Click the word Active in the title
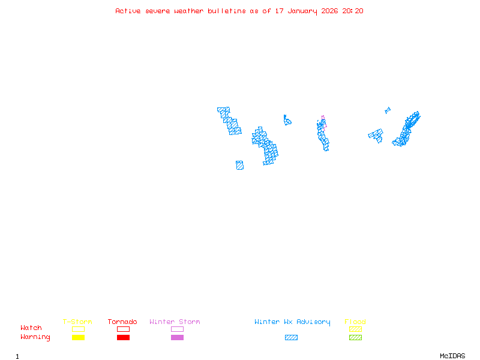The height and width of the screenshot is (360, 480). [x=128, y=11]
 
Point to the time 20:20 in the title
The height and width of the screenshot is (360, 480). [x=353, y=11]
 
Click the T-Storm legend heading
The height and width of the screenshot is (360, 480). [x=77, y=322]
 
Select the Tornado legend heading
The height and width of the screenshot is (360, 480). [x=122, y=322]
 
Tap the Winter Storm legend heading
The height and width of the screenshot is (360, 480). [x=175, y=322]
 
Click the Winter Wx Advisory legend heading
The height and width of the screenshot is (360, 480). [x=292, y=322]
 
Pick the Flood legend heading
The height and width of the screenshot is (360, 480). [x=355, y=322]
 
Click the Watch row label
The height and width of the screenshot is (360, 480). [x=31, y=328]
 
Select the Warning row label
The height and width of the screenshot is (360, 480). [x=35, y=337]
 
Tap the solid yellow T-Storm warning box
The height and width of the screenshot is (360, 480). [x=78, y=338]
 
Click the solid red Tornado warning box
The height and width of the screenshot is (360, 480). [x=123, y=338]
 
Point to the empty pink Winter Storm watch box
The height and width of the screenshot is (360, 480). [x=177, y=329]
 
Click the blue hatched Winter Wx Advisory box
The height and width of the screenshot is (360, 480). [x=291, y=338]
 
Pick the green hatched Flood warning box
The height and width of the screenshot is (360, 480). [x=355, y=338]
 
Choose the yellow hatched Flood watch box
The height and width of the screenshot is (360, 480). [x=355, y=329]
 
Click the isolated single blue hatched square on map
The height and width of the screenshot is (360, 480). [x=239, y=165]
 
